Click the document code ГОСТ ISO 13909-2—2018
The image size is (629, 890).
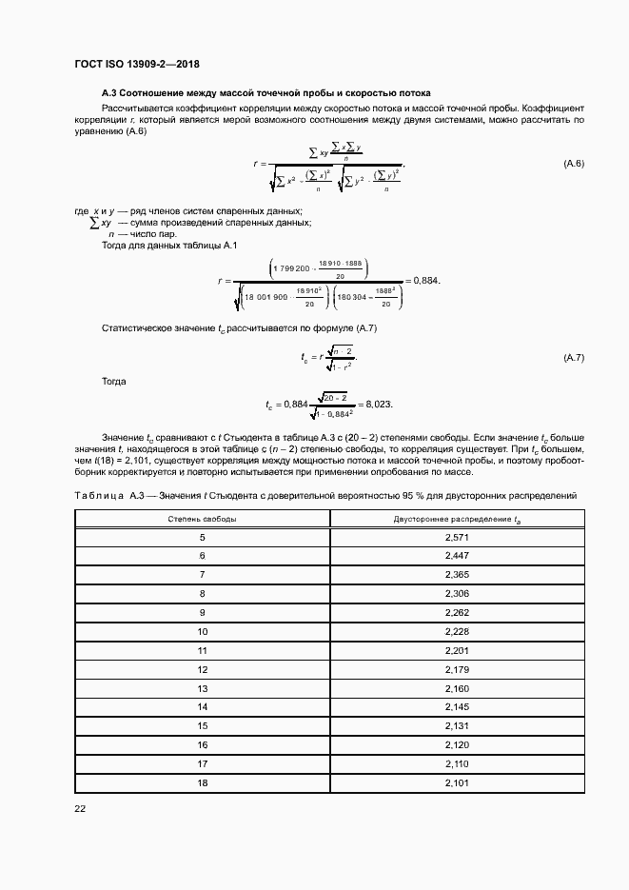coord(136,65)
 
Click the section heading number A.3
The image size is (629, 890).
coord(110,93)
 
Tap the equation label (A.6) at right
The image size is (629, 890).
coord(574,165)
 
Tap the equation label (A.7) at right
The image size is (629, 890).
coord(574,357)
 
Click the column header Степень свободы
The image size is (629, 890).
coord(203,519)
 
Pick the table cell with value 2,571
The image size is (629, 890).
coord(457,538)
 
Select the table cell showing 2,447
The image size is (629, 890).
coord(457,555)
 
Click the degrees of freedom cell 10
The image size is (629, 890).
coord(203,631)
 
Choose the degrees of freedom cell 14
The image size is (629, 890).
coord(203,706)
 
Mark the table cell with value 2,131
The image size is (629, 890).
coord(457,725)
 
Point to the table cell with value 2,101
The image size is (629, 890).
coord(457,781)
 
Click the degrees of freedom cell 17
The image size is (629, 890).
coord(203,762)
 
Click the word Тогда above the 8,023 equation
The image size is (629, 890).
coord(113,380)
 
